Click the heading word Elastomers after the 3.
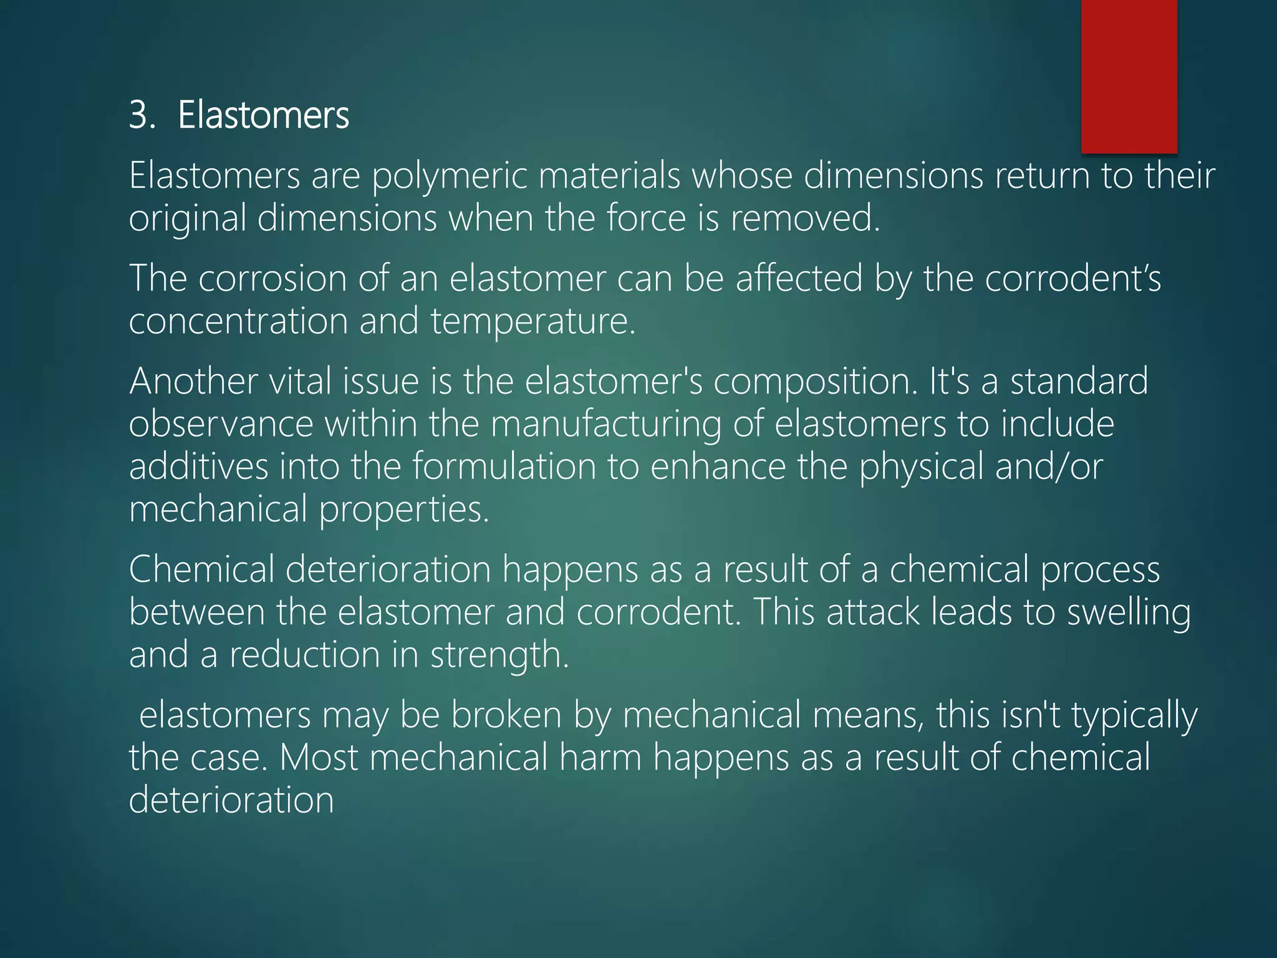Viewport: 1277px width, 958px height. [x=263, y=116]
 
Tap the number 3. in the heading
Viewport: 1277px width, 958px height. [x=142, y=116]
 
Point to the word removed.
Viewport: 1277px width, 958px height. [x=804, y=219]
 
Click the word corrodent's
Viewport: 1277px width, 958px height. [x=1072, y=279]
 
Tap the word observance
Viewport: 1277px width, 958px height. [x=221, y=424]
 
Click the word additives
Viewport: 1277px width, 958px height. [x=198, y=467]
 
